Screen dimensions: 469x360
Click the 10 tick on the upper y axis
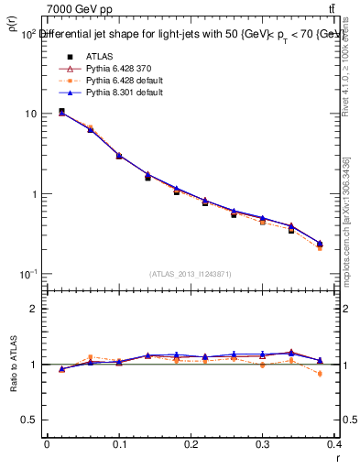(x=30, y=115)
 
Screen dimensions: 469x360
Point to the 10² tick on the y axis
(x=28, y=34)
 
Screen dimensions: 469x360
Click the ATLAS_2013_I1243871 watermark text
(x=190, y=274)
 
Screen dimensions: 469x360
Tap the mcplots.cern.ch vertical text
(x=346, y=220)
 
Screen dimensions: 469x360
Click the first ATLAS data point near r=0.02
(x=61, y=111)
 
